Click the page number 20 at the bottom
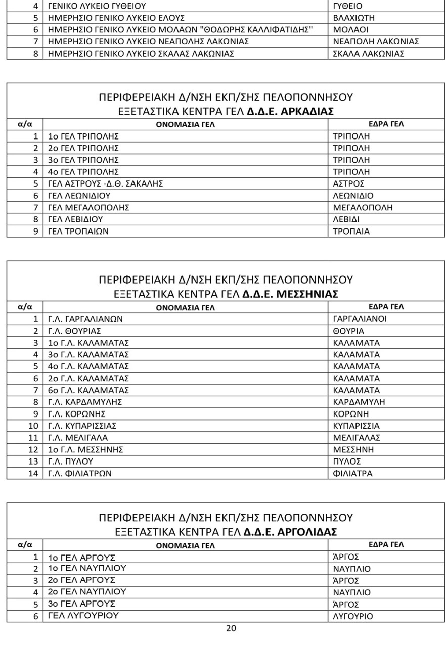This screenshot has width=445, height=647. (231, 629)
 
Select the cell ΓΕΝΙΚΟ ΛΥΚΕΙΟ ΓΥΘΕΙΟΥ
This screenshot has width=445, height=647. (97, 6)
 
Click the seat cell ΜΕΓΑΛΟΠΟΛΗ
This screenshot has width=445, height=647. (363, 207)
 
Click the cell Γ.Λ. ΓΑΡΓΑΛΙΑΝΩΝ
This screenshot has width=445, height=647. (85, 319)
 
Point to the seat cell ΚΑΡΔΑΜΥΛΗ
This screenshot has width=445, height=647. (359, 402)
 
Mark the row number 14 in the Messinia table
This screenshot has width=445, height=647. (33, 473)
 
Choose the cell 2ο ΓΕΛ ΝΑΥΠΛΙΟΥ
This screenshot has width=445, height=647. (87, 591)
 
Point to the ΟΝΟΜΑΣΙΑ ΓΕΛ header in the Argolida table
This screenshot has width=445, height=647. (185, 545)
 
